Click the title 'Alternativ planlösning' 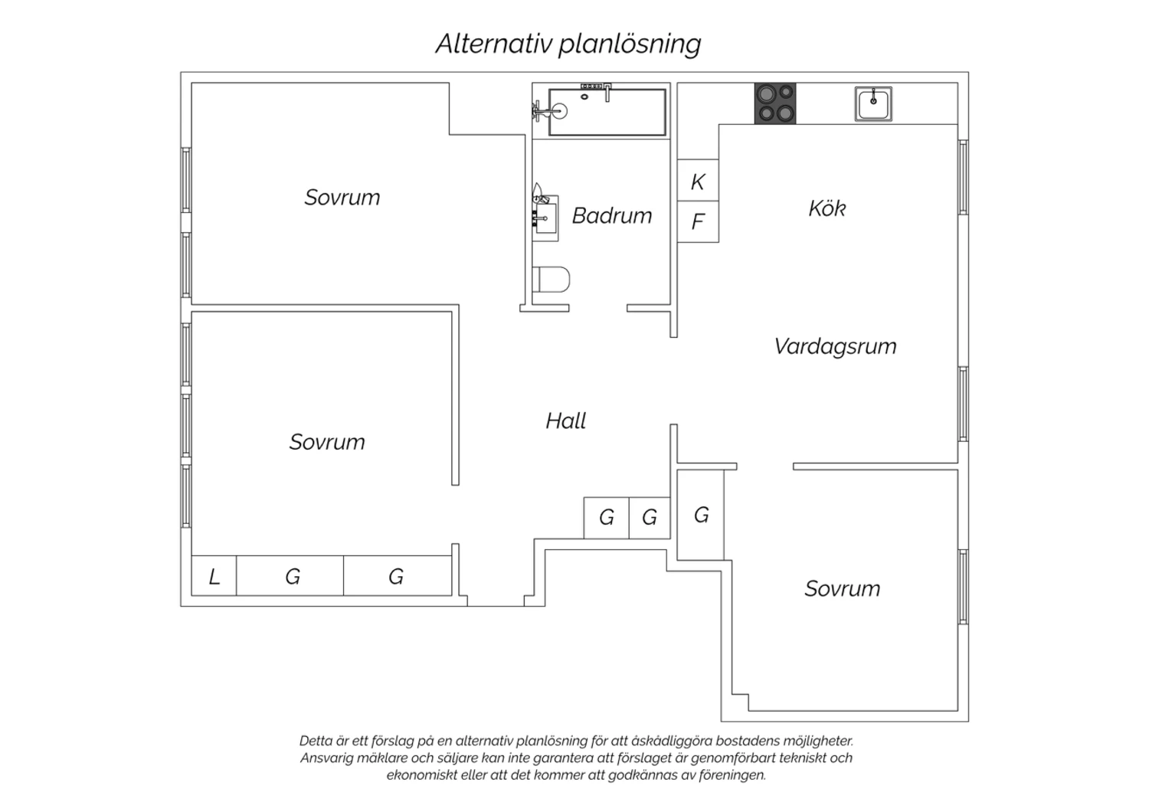568,44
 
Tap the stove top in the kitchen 775,103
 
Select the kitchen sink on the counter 873,103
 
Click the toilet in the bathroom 551,280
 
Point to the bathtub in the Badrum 607,112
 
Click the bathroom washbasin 545,218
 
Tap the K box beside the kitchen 698,180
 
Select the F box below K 698,221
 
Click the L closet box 214,575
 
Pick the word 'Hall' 566,421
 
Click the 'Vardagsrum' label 835,347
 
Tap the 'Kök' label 827,208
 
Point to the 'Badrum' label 612,215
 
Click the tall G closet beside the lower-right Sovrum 701,515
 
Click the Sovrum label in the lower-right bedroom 843,588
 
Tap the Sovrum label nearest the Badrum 342,198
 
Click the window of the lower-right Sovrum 964,587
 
